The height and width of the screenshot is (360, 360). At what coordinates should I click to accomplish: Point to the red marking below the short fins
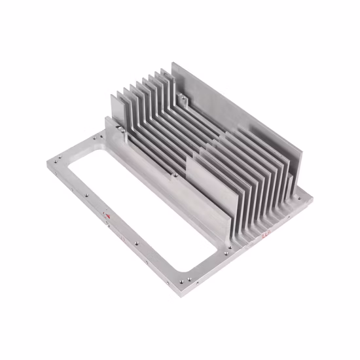coord(266,230)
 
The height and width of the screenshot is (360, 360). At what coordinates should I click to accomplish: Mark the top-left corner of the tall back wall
coord(173,64)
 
